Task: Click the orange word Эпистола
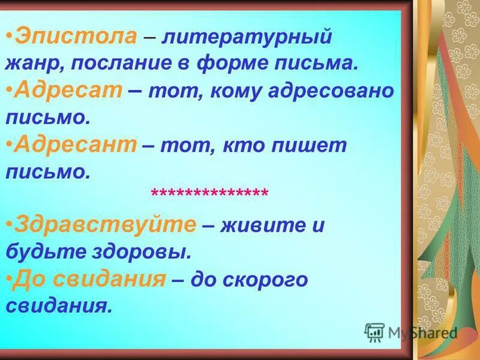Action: (x=76, y=37)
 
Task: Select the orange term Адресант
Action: (x=76, y=145)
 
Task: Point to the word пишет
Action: (x=312, y=146)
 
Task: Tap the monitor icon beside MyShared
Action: (x=374, y=332)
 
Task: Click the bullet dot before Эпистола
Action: (x=11, y=37)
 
